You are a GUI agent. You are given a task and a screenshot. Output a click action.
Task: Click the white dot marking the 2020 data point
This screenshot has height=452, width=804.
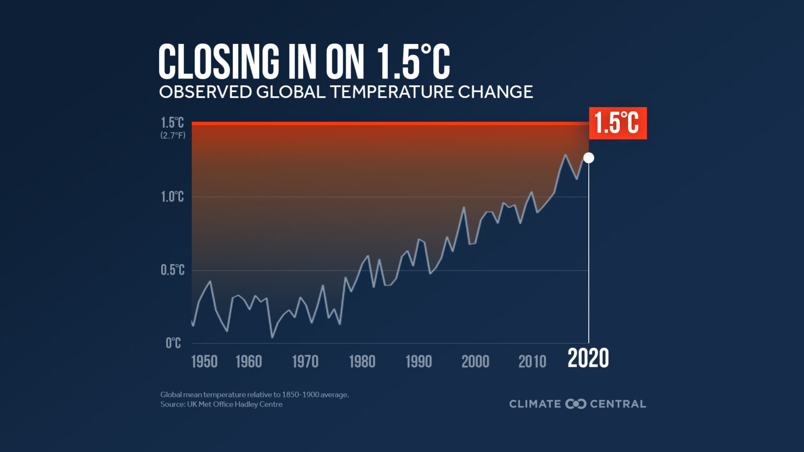588,157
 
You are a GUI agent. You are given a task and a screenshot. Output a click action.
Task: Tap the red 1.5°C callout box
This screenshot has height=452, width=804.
618,123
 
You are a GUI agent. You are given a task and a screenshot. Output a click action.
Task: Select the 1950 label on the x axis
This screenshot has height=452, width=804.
204,361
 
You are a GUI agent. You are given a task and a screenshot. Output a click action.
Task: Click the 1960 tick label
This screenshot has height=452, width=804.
249,361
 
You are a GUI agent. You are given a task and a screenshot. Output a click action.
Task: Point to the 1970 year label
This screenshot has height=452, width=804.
305,361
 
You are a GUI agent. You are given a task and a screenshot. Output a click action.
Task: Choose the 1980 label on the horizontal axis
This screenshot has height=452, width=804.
362,361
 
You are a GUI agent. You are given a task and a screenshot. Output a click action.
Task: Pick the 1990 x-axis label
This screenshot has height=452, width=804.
419,361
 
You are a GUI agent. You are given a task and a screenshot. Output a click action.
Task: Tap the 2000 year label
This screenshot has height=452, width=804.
475,361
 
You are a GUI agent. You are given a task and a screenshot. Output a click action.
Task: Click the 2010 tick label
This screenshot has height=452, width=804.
532,361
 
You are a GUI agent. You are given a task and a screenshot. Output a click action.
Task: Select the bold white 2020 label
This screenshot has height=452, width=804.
588,359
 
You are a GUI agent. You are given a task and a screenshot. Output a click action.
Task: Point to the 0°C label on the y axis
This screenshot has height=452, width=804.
173,343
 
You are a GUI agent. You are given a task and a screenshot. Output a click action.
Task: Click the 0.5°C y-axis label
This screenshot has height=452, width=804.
172,270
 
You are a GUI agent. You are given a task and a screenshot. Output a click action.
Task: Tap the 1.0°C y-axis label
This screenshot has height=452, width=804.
172,197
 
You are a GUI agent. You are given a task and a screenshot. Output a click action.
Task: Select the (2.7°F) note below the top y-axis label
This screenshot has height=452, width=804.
173,135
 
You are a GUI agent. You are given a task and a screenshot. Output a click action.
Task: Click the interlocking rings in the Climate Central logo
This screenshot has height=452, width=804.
576,404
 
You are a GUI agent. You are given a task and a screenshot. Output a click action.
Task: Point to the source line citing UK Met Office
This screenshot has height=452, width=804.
221,404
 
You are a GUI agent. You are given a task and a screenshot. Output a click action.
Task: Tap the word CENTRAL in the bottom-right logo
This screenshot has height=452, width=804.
618,404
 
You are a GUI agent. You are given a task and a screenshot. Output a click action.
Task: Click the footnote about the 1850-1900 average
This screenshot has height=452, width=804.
254,394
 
